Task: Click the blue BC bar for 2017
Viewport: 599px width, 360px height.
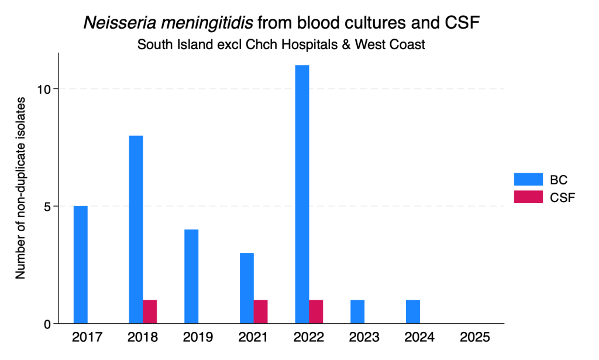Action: click(x=81, y=265)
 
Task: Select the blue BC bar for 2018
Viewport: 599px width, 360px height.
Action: click(x=136, y=229)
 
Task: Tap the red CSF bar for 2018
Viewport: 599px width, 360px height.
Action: click(x=150, y=312)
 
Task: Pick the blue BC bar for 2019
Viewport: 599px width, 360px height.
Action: click(x=191, y=276)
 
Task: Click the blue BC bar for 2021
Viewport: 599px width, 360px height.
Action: click(x=247, y=288)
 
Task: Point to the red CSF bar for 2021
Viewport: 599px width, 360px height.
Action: click(x=260, y=312)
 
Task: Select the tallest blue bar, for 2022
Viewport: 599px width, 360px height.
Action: click(x=302, y=194)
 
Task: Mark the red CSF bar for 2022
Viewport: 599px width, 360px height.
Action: click(x=316, y=312)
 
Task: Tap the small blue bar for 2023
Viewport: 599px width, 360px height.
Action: click(x=357, y=312)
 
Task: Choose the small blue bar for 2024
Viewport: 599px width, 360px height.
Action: click(x=413, y=312)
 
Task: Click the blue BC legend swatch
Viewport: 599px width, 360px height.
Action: click(x=528, y=179)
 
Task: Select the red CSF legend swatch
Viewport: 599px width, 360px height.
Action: click(x=528, y=197)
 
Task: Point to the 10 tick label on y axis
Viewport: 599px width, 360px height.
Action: click(x=44, y=89)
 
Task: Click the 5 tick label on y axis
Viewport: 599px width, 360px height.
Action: click(x=47, y=207)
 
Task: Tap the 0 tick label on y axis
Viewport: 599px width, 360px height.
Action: click(x=47, y=324)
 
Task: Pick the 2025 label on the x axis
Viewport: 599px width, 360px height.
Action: click(x=475, y=337)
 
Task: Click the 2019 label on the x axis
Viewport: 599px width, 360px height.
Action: click(x=198, y=337)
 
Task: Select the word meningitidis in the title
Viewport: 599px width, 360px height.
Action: click(x=206, y=23)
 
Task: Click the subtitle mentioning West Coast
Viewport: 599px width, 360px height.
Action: click(x=281, y=44)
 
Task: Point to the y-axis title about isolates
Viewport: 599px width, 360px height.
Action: click(x=20, y=188)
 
